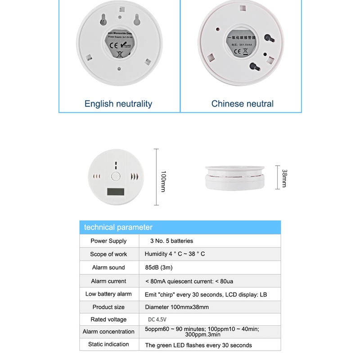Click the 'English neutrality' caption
tap(118, 104)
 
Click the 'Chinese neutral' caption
tap(243, 104)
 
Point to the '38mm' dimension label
tap(283, 178)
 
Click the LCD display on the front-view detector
tap(116, 192)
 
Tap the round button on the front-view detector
tap(117, 176)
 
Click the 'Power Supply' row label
tap(108, 241)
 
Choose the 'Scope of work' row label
tap(108, 254)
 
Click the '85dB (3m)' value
tap(159, 267)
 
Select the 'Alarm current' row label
tap(108, 281)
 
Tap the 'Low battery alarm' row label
tap(108, 294)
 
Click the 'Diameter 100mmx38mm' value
tap(176, 307)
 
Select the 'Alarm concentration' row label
tap(108, 332)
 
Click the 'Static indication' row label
tap(108, 345)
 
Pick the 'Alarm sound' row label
tap(108, 268)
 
